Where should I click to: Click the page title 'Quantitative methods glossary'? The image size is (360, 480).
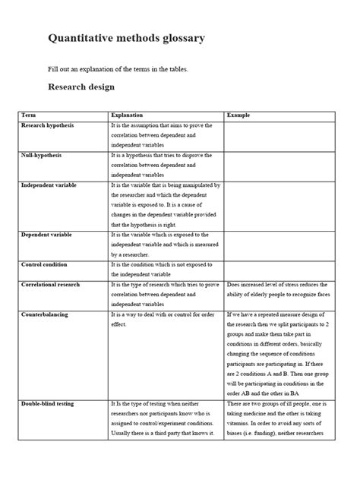126,38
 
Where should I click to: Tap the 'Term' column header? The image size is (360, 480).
29,115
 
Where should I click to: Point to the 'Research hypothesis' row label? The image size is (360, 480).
47,125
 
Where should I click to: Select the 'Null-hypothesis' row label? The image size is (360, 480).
42,155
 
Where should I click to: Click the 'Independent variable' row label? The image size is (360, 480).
49,185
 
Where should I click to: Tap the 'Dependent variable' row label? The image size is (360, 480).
47,235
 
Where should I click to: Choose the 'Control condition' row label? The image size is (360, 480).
44,265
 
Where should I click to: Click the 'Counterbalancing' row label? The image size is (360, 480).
45,314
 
